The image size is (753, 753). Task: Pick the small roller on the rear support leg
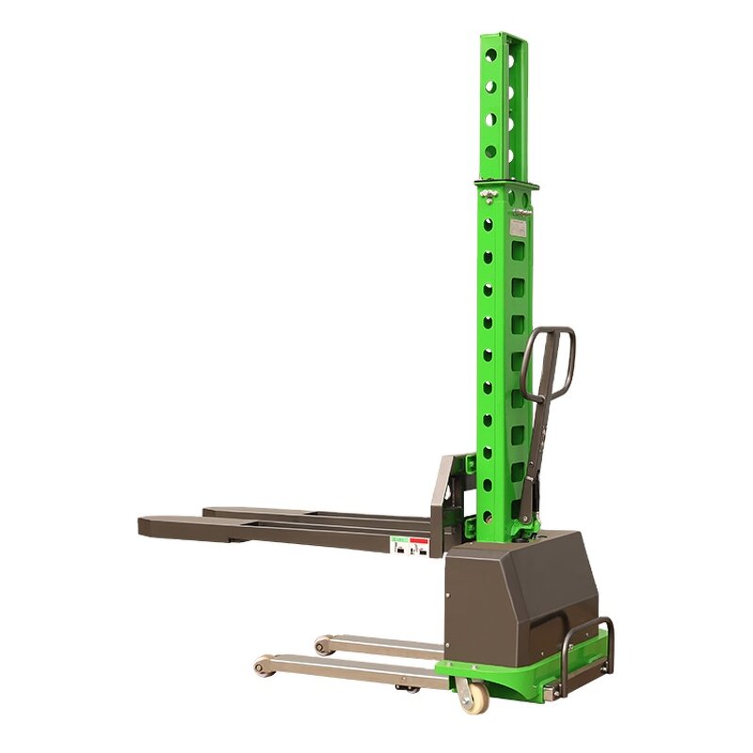323,647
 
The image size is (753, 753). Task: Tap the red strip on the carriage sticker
419,541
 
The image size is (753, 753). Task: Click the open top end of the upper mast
505,38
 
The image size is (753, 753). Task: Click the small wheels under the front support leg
407,688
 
